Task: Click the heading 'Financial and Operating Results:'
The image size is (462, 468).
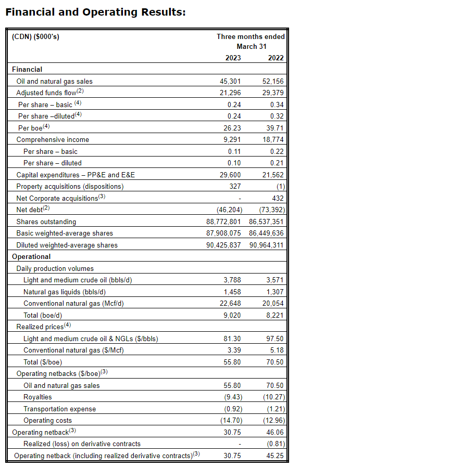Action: pos(95,11)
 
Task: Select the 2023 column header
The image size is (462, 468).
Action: pos(233,58)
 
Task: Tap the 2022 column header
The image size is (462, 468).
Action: pos(276,58)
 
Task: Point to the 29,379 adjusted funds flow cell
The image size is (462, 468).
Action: pos(274,93)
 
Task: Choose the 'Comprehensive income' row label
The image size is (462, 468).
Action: pos(53,139)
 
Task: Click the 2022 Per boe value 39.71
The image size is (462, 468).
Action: pos(276,128)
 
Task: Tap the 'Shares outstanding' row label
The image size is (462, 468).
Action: pos(46,222)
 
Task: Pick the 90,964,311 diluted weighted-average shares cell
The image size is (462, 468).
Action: pos(267,245)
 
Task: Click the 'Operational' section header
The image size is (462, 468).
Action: pos(31,256)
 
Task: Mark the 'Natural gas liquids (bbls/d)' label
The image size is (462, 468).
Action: pos(65,292)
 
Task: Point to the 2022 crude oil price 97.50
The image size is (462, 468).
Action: pos(276,339)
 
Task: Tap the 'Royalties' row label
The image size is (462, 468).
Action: pos(38,397)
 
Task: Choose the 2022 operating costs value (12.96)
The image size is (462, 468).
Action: pos(274,420)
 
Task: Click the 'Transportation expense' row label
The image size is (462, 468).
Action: pos(60,409)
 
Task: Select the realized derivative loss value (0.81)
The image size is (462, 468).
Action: pos(276,444)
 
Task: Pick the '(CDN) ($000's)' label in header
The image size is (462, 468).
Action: pos(32,36)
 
